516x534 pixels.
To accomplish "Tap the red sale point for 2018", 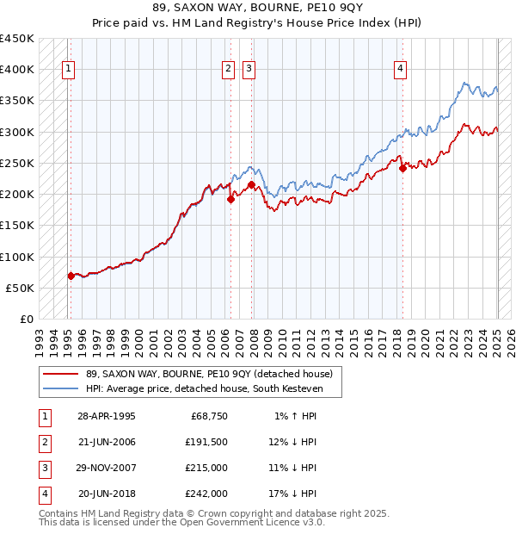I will pyautogui.click(x=402, y=169).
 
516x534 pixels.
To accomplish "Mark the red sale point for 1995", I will pyautogui.click(x=71, y=276).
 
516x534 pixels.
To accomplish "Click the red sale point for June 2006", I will pyautogui.click(x=230, y=200).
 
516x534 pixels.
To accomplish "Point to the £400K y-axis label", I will pyautogui.click(x=17, y=70).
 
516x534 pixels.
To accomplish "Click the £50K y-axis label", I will pyautogui.click(x=21, y=288).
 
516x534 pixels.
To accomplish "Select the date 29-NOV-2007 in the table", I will pyautogui.click(x=107, y=469).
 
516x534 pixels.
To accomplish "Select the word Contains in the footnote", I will pyautogui.click(x=58, y=513).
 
